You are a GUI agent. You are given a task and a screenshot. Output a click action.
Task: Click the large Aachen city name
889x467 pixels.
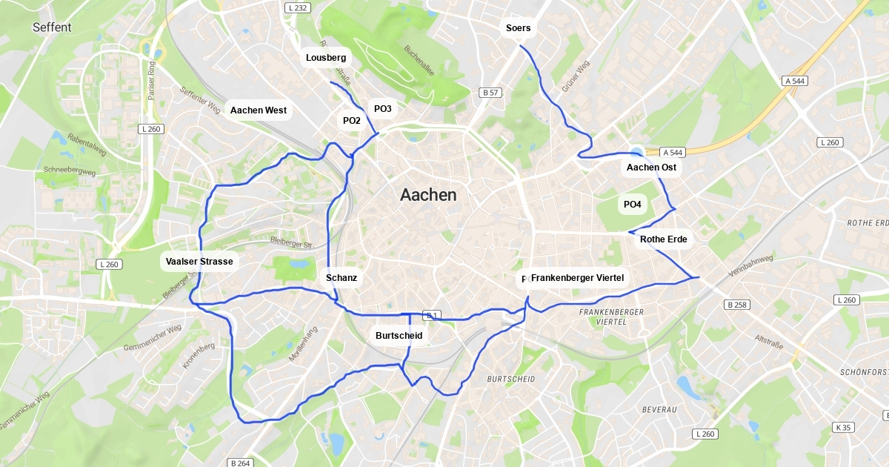(428, 195)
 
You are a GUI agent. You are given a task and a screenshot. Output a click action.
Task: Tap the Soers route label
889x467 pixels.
(518, 28)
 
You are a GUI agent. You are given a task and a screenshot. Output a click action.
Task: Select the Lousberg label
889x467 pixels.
(325, 57)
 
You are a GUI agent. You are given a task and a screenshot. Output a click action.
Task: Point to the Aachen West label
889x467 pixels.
(259, 110)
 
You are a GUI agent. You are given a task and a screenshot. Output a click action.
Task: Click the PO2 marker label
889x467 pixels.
(352, 121)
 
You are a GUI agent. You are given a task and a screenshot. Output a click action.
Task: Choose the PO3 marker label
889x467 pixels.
(382, 109)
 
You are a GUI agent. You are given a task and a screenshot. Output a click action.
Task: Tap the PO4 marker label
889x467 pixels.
(633, 204)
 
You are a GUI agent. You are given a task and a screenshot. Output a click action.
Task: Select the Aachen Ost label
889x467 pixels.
(651, 168)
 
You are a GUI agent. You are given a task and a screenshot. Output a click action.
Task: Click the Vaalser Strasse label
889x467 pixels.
(199, 262)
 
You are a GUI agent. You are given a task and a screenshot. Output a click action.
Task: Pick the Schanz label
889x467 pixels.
(342, 278)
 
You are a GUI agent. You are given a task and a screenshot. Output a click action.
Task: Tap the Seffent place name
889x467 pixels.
(52, 27)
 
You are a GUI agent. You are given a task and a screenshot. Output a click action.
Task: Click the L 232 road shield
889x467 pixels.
(295, 7)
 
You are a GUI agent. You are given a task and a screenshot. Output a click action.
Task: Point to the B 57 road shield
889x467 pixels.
(490, 93)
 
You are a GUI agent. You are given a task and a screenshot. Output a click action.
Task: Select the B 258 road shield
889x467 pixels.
(737, 305)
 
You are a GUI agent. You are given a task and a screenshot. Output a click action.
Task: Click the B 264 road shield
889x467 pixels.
(240, 463)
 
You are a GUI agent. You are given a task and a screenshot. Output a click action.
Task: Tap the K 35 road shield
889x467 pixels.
(843, 427)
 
